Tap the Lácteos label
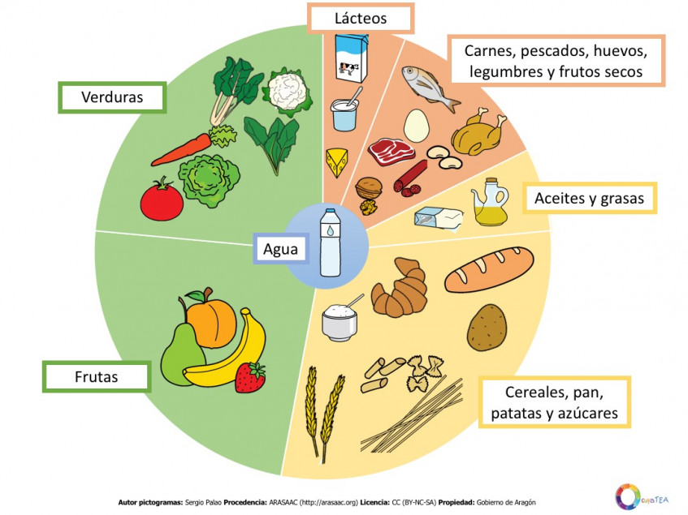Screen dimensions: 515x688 point(361,18)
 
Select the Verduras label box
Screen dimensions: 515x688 point(112,98)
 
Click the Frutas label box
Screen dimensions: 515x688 point(97,377)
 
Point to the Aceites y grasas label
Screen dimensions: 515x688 point(590,198)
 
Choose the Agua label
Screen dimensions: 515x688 point(280,250)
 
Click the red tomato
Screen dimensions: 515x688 point(161,200)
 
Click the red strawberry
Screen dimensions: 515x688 point(250,376)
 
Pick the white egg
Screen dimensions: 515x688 point(416,126)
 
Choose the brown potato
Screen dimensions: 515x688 point(487,326)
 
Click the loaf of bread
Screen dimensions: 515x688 point(489,268)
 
